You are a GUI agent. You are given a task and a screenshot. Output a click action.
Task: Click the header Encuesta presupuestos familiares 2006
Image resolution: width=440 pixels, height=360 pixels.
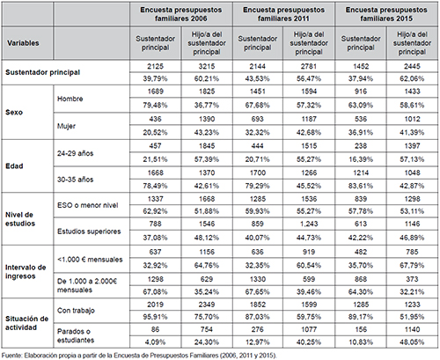coord(181,14)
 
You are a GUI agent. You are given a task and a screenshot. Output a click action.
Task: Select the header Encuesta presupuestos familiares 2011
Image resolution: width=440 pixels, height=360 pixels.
coord(283,14)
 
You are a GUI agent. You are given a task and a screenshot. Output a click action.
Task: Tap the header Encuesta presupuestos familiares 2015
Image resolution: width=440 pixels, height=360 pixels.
coord(386,14)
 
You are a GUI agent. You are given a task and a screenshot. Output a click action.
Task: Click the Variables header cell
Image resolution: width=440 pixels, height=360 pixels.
coord(23,43)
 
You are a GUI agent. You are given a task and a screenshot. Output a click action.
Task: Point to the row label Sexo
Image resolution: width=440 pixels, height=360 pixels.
coord(14,112)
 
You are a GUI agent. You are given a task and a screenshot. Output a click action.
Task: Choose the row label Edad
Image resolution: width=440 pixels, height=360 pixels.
coord(14,166)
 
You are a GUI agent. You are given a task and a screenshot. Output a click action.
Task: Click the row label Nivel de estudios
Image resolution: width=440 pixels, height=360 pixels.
coord(20,219)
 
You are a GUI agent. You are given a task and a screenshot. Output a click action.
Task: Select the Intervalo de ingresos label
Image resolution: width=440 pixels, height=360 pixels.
coord(26,272)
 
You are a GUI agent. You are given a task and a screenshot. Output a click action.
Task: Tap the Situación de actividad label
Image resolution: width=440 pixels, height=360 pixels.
coord(26,323)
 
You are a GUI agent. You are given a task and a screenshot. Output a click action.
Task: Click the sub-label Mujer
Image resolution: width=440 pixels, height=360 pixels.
coord(66,126)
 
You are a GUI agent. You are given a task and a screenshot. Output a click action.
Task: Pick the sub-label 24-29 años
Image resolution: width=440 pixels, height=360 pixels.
coord(75,153)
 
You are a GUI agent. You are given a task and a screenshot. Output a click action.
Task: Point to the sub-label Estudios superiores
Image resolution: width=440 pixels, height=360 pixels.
coord(89,231)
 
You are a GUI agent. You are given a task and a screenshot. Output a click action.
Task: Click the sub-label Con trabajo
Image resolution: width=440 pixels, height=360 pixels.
coord(76,311)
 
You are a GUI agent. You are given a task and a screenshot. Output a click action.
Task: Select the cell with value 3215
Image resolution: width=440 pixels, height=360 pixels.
coord(207,66)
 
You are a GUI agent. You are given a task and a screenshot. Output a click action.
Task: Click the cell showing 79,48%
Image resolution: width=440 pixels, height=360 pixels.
coord(155,105)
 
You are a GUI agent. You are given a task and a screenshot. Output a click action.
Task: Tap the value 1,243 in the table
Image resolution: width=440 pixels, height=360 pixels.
coord(309,224)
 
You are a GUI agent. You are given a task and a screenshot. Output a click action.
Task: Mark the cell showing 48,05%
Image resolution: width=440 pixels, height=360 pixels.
coord(412,342)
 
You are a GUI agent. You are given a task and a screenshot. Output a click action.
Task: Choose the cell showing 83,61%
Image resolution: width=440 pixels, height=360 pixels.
coord(361,186)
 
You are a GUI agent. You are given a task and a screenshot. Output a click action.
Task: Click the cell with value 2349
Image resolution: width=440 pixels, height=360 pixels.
coord(207,305)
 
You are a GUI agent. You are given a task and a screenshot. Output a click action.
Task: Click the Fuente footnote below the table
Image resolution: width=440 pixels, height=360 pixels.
coord(139,356)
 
